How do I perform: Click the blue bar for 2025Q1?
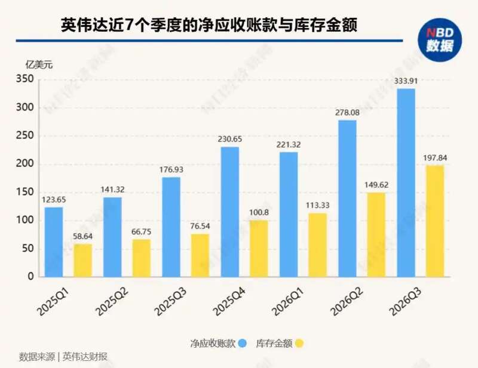tap(53, 242)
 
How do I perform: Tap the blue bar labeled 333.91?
tap(406, 183)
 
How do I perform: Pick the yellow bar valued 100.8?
tap(259, 248)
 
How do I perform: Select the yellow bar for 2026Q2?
tap(376, 234)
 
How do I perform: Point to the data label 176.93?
tap(171, 170)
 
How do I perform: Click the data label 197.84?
tap(435, 158)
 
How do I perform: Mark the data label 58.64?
tap(83, 237)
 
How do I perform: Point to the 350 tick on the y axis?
tap(23, 80)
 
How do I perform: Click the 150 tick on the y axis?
tap(23, 193)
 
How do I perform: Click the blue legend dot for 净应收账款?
tap(242, 343)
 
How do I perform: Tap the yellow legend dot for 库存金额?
tap(299, 343)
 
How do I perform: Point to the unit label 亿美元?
tap(39, 65)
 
